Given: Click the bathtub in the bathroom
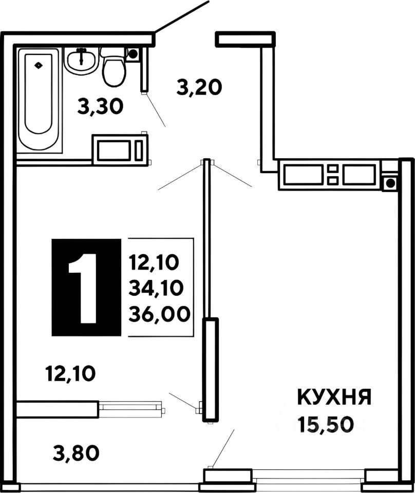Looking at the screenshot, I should coord(39,100).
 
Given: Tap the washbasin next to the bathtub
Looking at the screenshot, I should coord(81,61).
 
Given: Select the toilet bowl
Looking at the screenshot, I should coord(114,69).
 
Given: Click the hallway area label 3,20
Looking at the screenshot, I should coord(199,87).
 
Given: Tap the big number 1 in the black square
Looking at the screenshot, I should coord(86,288).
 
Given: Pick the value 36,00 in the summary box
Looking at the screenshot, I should coord(158,312).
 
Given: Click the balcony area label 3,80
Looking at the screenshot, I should coord(76,453).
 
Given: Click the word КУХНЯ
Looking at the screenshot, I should coord(334,398).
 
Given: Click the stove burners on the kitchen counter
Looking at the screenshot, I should coord(333,175).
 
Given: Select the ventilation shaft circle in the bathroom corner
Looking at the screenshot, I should coord(133,53).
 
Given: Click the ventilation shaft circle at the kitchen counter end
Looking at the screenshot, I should coord(390,182).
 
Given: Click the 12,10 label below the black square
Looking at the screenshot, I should coord(70,374).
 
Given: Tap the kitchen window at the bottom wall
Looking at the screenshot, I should coord(308,478).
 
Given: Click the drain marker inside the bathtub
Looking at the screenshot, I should coord(39,65).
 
